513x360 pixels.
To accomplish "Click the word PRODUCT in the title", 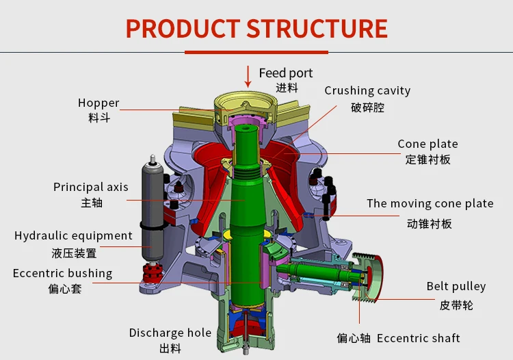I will coord(182,29).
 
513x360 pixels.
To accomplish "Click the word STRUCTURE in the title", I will coord(317,29).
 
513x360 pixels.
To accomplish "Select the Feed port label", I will coord(285,73).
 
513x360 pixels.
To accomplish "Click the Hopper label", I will coord(98,103).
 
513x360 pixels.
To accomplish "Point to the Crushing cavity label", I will coord(367,90).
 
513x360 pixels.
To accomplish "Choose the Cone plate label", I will coord(428,144).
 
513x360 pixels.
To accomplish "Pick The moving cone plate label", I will coord(430,203).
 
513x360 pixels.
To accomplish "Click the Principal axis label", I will coord(90,187).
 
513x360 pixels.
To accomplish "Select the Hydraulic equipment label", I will coord(73,235).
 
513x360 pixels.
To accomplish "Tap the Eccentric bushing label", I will coord(62,273).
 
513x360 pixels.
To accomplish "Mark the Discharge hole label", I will coord(170,333).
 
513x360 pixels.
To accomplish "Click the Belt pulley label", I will coord(456,286).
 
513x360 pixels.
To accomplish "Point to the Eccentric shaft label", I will coord(418,338).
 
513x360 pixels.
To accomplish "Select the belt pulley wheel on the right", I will coord(367,277).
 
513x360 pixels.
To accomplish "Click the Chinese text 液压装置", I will coord(74,253).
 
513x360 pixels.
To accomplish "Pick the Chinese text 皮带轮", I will coord(456,305).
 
